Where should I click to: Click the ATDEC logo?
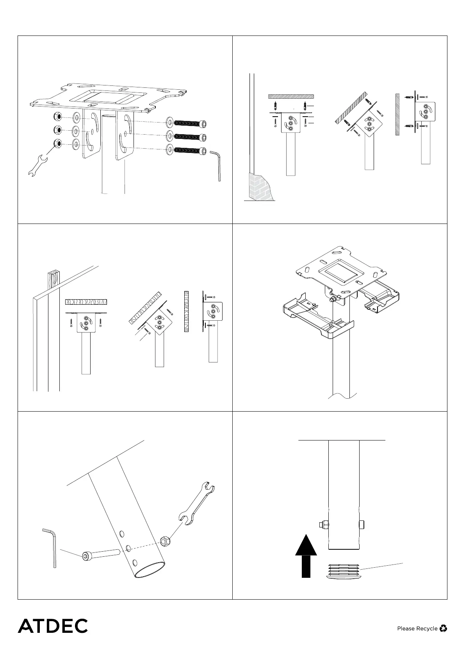tap(53, 625)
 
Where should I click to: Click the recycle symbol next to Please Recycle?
tap(443, 628)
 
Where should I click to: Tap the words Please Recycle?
tap(417, 629)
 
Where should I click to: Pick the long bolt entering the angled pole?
tap(100, 554)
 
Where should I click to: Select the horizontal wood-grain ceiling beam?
tap(86, 302)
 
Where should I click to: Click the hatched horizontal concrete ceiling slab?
tap(291, 96)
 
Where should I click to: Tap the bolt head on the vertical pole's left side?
tap(324, 525)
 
